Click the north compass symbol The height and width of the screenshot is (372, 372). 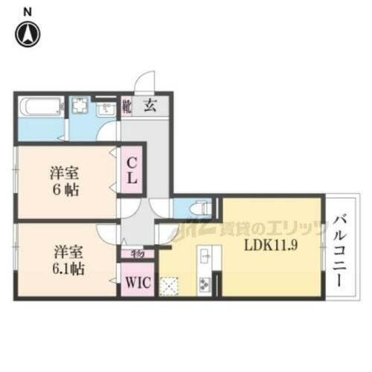tap(28, 33)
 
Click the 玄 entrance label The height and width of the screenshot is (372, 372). tap(150, 106)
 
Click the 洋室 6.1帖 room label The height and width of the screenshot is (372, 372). tap(65, 258)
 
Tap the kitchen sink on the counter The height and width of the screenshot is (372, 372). tap(205, 257)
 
